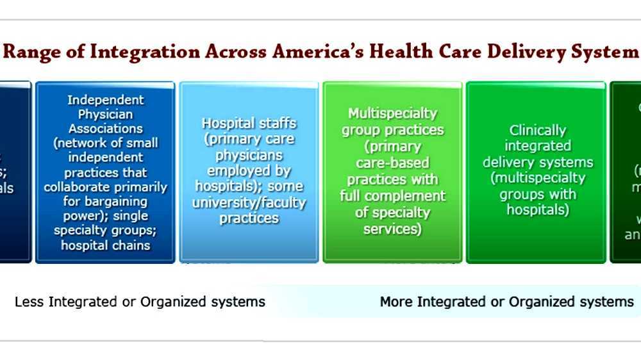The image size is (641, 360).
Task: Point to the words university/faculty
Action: pos(249,202)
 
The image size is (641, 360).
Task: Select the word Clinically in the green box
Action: pos(538,130)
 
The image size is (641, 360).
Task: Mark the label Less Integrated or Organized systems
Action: pos(140,302)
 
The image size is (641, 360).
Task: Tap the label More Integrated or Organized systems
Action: pos(506,302)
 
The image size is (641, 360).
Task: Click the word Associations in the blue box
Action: pos(106,128)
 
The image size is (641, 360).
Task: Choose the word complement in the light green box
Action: pos(408,196)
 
